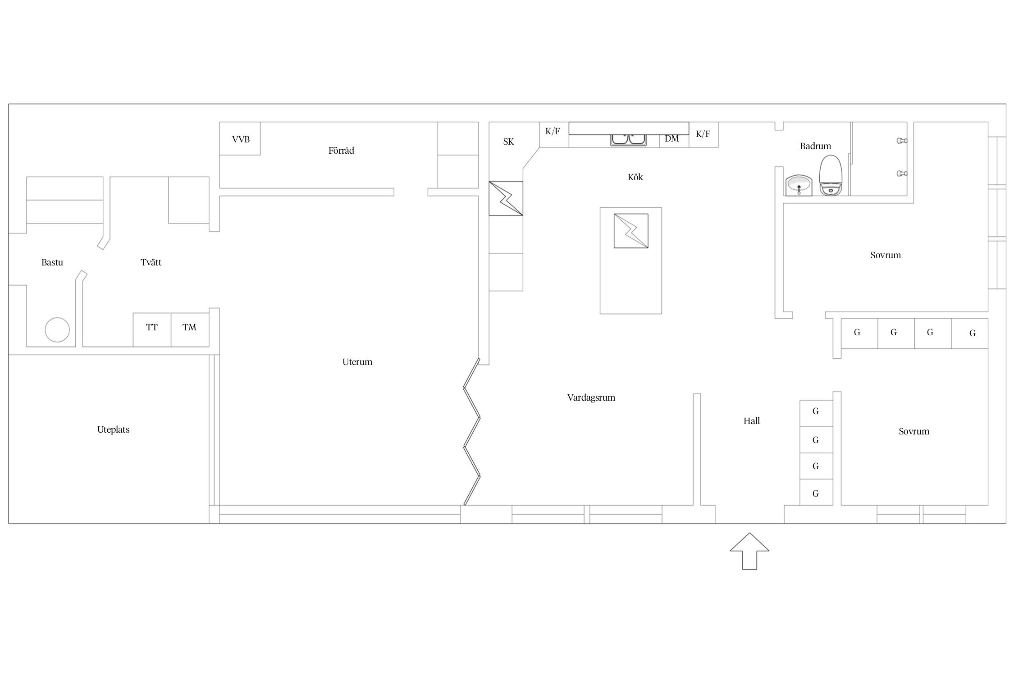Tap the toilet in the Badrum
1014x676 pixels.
(831, 175)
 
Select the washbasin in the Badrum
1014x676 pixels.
(799, 186)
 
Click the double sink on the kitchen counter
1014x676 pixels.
(629, 140)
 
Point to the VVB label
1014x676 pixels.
(241, 139)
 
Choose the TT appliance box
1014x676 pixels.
(152, 330)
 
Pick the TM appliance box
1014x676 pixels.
(190, 330)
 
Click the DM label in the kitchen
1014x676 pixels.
(671, 139)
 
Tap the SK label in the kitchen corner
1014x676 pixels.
(508, 142)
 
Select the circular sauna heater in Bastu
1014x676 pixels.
(57, 329)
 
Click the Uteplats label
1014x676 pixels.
(113, 429)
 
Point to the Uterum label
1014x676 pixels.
(357, 362)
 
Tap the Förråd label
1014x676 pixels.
(341, 151)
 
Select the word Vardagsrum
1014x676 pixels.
(591, 397)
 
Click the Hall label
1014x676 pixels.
(752, 421)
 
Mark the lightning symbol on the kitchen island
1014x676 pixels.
(631, 231)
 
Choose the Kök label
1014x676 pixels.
(635, 177)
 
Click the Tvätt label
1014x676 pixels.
(151, 262)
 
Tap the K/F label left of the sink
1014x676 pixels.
(553, 132)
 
